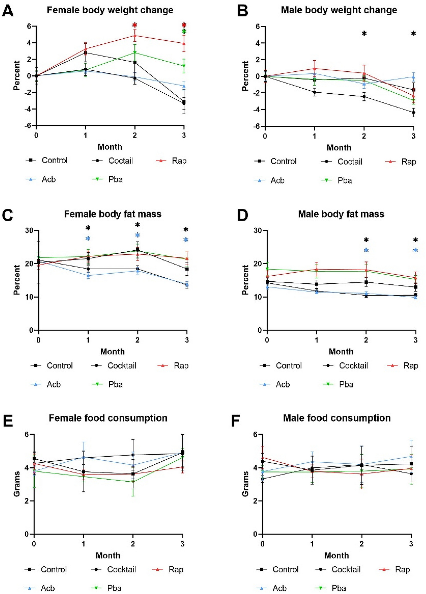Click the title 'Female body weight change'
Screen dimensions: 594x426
[x=110, y=10]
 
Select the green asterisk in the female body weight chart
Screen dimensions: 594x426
[x=184, y=31]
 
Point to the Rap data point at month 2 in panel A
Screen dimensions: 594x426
[x=135, y=36]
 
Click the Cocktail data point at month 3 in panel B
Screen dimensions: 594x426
[x=413, y=113]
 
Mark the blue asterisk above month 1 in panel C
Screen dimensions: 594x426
[x=88, y=238]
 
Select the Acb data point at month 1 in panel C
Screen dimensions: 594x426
[x=88, y=275]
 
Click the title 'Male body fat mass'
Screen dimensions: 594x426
[x=341, y=214]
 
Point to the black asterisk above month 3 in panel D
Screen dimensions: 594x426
[x=415, y=240]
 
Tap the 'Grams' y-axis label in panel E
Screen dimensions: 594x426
[x=17, y=484]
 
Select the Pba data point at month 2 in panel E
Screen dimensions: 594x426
[x=133, y=482]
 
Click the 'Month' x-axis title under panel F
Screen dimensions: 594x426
[x=336, y=555]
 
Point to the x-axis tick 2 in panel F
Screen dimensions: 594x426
[x=361, y=544]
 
